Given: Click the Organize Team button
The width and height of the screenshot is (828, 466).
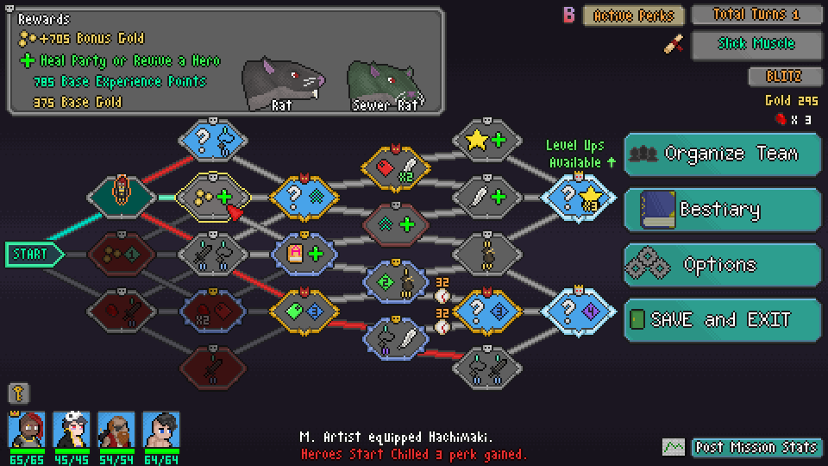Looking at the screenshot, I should tap(722, 154).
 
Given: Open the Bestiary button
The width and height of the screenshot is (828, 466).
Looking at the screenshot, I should tap(722, 210).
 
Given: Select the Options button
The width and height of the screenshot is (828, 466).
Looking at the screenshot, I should tap(722, 265).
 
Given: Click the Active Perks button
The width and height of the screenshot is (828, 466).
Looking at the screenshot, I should tap(634, 16).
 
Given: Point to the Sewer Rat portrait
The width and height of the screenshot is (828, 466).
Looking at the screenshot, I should tap(385, 84).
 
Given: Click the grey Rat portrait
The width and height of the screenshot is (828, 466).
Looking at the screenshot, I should tap(281, 84).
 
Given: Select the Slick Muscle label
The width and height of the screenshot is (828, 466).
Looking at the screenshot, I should tap(756, 44).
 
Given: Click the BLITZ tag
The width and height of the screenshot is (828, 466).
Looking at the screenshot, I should tap(783, 76).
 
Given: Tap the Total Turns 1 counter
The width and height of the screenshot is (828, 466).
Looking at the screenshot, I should tap(756, 15).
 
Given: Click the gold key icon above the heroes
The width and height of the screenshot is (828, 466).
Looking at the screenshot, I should tap(17, 394).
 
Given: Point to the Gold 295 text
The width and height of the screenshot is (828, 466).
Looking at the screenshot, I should tap(791, 100).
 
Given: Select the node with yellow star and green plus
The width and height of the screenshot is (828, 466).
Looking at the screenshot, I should tap(487, 140).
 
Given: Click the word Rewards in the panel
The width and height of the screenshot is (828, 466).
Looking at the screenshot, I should tap(44, 19).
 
